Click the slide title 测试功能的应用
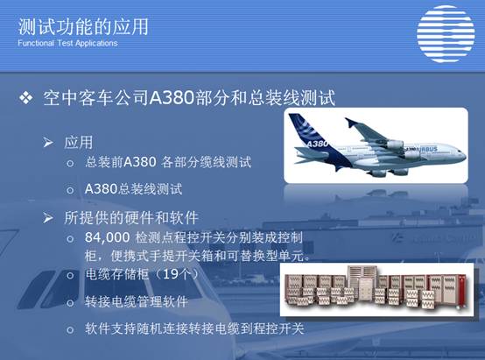83,26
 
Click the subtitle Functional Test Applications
67,43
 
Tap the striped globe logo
446,34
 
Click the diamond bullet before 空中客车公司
26,97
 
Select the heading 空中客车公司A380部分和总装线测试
189,98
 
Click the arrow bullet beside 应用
48,143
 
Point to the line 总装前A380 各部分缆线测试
168,162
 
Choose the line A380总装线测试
133,189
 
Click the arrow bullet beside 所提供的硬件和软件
48,217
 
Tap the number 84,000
108,237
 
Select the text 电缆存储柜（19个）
142,274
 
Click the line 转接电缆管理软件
137,302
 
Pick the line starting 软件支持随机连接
194,328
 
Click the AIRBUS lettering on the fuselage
428,149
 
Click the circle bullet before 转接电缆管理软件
70,302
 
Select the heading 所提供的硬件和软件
131,217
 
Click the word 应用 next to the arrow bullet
79,143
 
